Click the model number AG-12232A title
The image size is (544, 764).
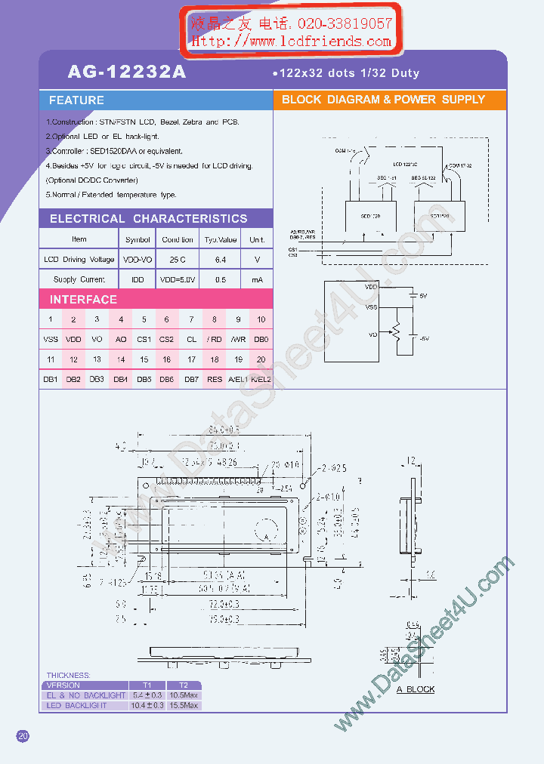pyautogui.click(x=126, y=72)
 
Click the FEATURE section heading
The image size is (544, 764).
pyautogui.click(x=76, y=100)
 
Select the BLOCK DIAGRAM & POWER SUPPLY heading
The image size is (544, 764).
pyautogui.click(x=383, y=100)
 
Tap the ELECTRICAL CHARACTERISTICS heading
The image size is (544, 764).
pyautogui.click(x=148, y=219)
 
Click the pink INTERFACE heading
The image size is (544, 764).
pyautogui.click(x=83, y=300)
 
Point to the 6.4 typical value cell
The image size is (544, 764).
pyautogui.click(x=220, y=260)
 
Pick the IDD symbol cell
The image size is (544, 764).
pyautogui.click(x=138, y=279)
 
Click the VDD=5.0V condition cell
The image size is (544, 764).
pyautogui.click(x=178, y=279)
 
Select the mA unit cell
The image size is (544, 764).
pyautogui.click(x=258, y=279)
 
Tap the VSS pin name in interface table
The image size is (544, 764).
pyautogui.click(x=51, y=340)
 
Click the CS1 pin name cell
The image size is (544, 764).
pyautogui.click(x=144, y=340)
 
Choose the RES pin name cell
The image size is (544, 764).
pyautogui.click(x=215, y=379)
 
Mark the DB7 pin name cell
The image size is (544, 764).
pyautogui.click(x=191, y=379)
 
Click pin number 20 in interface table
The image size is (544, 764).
pyautogui.click(x=261, y=360)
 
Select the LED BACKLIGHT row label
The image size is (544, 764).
pyautogui.click(x=76, y=706)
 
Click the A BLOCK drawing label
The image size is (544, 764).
pyautogui.click(x=416, y=689)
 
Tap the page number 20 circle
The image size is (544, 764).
pyautogui.click(x=23, y=736)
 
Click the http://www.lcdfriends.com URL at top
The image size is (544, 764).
pyautogui.click(x=291, y=42)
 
